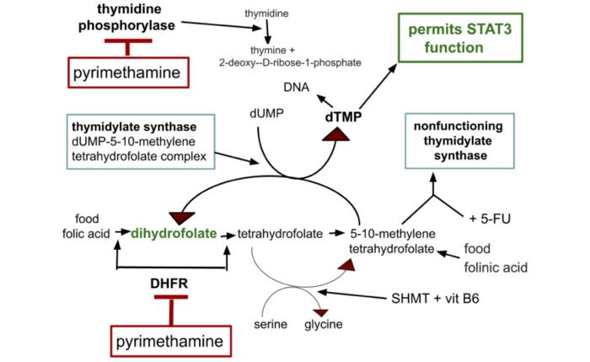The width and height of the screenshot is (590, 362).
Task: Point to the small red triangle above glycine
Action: pyautogui.click(x=319, y=311)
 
